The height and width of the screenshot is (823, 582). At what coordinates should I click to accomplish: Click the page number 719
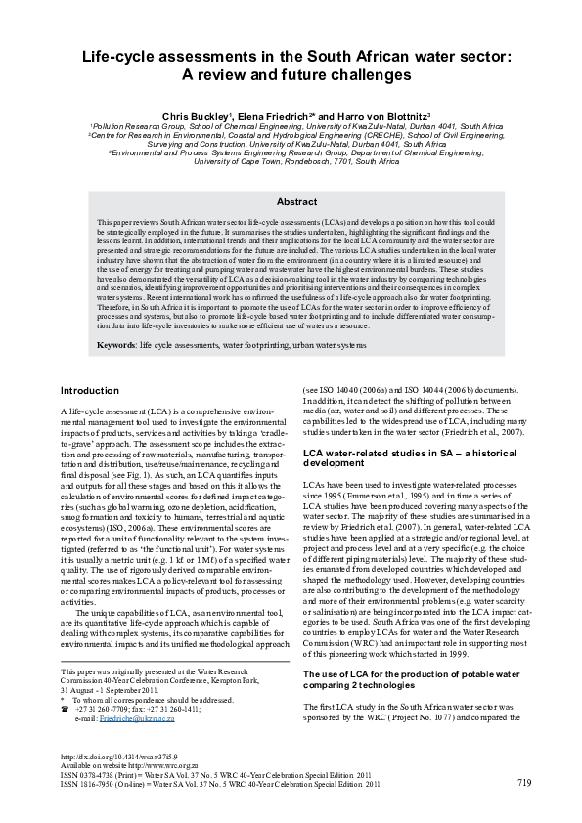(524, 781)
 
